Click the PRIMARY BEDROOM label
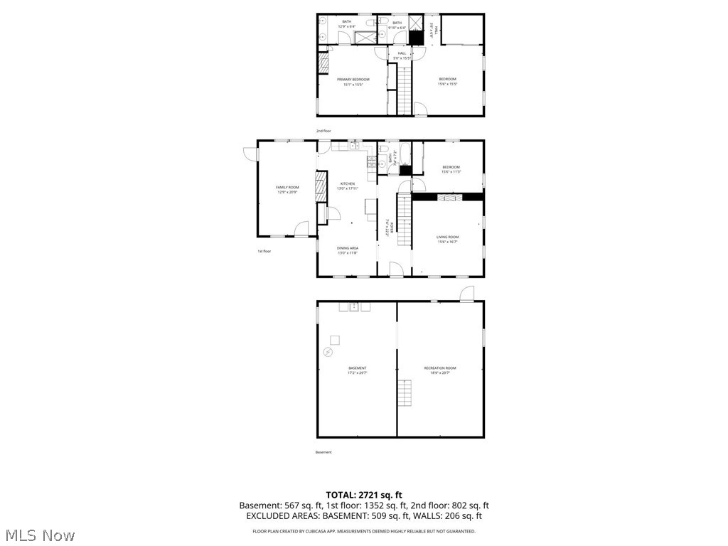coord(353,79)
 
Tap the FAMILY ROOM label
coord(287,188)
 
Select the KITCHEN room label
coord(347,183)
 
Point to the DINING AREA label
coord(347,248)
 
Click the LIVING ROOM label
coord(447,237)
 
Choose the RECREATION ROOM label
coord(440,368)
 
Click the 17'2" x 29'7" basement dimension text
coord(357,373)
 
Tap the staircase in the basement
coord(405,393)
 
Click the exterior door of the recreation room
coord(466,294)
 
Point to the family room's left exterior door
coord(248,153)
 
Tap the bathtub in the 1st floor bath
coord(405,154)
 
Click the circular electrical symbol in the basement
coord(328,351)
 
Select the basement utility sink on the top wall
coord(353,307)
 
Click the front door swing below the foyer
coord(397,269)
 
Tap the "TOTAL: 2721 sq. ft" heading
coord(364,495)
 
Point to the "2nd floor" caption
coord(323,131)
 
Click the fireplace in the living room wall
coord(447,197)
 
